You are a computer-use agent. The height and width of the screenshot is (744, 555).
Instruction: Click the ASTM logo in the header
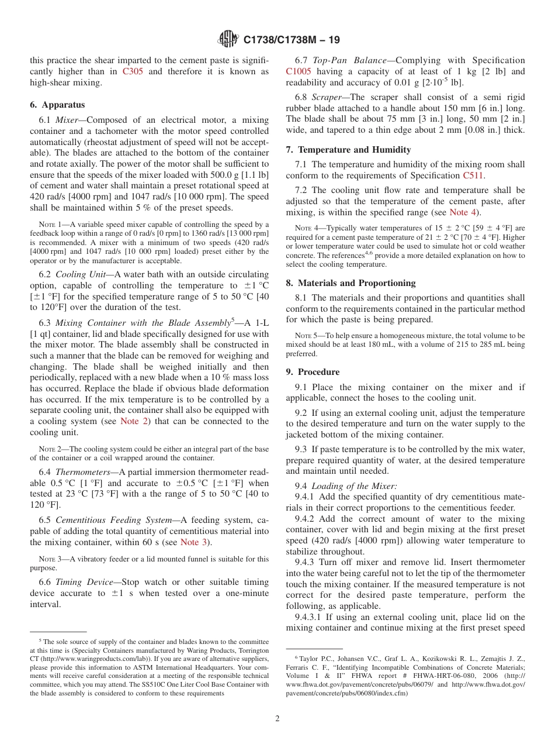tap(228, 39)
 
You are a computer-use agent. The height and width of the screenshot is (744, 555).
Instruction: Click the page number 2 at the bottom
tap(277, 718)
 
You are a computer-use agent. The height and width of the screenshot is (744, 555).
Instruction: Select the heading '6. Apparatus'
tap(57, 105)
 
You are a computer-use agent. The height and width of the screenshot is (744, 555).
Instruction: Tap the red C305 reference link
tap(134, 71)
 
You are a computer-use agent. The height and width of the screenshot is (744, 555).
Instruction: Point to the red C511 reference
tap(473, 175)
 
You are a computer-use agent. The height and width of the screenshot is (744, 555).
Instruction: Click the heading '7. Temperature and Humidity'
tap(348, 150)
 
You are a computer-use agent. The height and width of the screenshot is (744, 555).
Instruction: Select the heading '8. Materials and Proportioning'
tap(351, 283)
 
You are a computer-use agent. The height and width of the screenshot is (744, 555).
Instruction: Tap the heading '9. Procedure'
tap(313, 372)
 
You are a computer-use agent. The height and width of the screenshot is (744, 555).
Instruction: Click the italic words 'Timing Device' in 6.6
tap(82, 582)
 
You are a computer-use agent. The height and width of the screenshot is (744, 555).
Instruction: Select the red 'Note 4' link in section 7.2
tap(463, 212)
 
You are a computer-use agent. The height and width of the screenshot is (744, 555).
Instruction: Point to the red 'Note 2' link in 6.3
tap(136, 421)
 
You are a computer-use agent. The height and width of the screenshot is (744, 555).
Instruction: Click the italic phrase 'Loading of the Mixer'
tap(354, 486)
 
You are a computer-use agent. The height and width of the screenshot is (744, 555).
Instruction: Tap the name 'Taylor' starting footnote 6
tap(308, 658)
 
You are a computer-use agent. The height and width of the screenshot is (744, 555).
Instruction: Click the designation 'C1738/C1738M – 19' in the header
tap(291, 40)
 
